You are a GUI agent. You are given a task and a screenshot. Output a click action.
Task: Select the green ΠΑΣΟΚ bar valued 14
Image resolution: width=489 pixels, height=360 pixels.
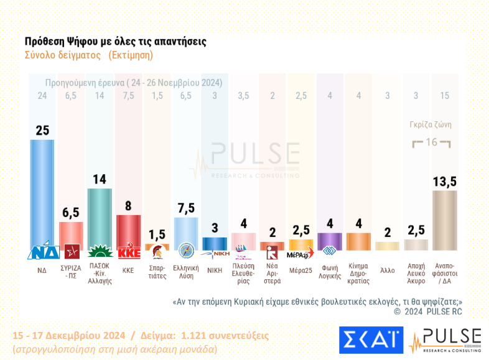100,218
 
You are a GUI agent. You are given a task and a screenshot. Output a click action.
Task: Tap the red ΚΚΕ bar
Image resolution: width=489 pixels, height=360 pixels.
128,231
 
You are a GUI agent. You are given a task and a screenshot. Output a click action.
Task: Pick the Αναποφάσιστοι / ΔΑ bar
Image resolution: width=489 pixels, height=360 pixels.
444,220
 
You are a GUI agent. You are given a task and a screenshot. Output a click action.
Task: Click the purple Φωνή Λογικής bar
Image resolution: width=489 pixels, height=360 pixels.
329,241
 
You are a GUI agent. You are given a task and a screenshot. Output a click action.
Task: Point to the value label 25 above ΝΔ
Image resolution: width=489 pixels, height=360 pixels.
42,130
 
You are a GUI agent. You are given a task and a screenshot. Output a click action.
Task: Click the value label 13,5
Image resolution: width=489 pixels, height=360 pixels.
444,181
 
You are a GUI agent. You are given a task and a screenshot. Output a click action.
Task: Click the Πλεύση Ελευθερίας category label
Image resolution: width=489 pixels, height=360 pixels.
243,275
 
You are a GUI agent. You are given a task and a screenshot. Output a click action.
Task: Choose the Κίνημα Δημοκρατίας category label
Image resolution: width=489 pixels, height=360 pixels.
358,275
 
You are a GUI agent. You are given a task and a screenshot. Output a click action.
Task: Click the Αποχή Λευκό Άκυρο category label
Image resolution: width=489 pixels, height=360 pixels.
416,275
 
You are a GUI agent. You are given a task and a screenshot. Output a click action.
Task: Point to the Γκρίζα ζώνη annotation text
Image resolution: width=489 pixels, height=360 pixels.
431,124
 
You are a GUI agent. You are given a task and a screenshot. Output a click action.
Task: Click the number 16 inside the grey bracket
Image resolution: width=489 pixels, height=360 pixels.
431,143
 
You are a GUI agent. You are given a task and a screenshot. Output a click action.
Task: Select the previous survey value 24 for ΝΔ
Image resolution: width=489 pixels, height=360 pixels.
42,95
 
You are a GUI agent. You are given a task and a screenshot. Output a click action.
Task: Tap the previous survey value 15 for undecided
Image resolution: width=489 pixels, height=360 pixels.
444,95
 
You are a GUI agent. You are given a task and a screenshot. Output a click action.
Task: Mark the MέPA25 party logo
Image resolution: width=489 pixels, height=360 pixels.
300,254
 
